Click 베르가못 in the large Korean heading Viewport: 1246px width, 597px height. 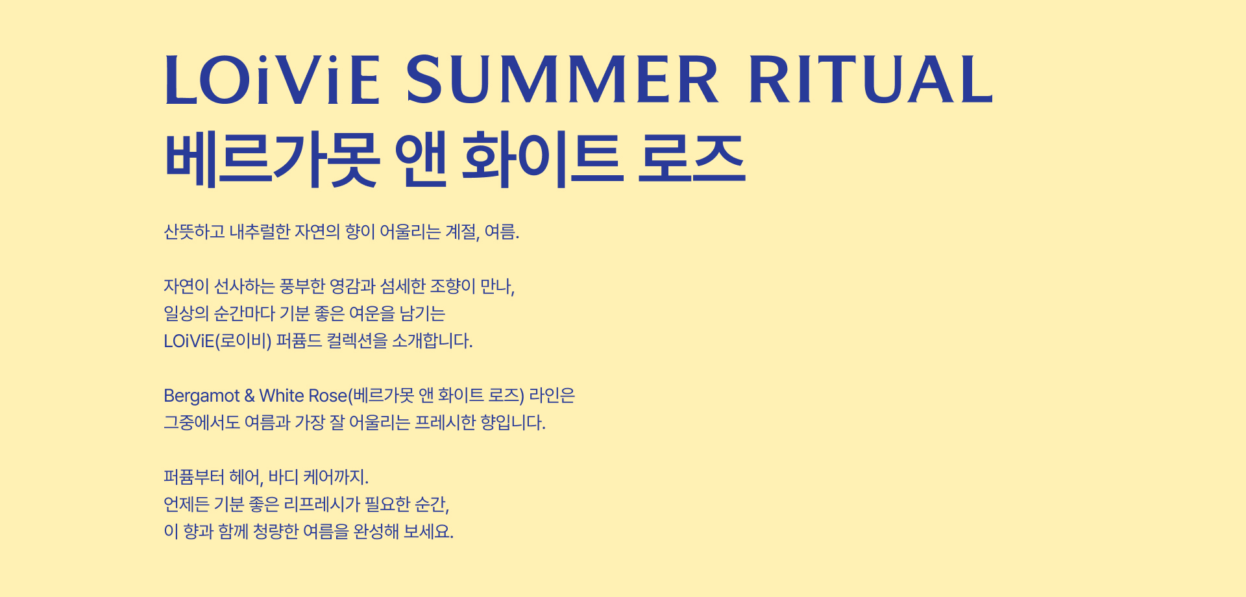coord(272,159)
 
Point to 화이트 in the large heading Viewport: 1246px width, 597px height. coord(543,159)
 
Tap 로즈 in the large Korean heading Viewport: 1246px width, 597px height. coord(692,159)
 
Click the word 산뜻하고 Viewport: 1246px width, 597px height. coord(194,232)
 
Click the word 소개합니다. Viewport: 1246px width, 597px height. coord(432,341)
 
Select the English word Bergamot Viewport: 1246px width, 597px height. coord(202,396)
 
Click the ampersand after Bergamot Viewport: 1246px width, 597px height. coord(250,396)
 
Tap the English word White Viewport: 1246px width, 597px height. coord(281,395)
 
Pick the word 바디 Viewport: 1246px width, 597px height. coord(284,477)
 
